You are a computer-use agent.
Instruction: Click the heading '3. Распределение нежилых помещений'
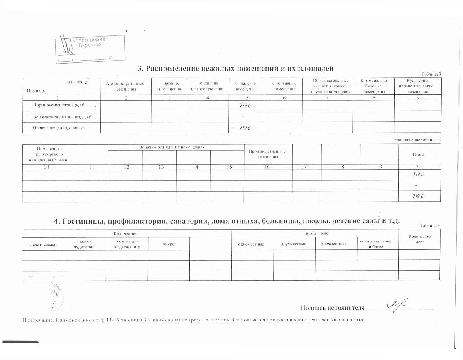235,69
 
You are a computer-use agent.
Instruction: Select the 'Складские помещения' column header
245,86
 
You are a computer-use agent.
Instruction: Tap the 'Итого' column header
418,154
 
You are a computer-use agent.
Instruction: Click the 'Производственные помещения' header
268,154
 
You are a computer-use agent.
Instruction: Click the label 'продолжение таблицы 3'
417,140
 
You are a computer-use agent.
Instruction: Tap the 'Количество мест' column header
419,239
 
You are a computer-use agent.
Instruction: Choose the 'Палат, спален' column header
43,244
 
